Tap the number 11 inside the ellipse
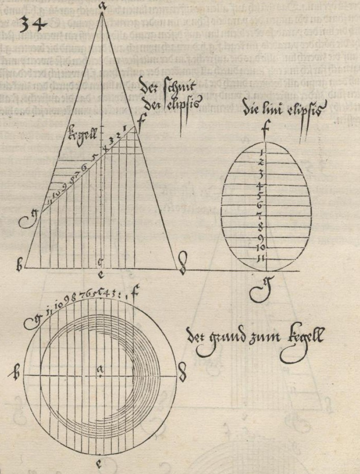(x=262, y=259)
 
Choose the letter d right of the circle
(x=181, y=375)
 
